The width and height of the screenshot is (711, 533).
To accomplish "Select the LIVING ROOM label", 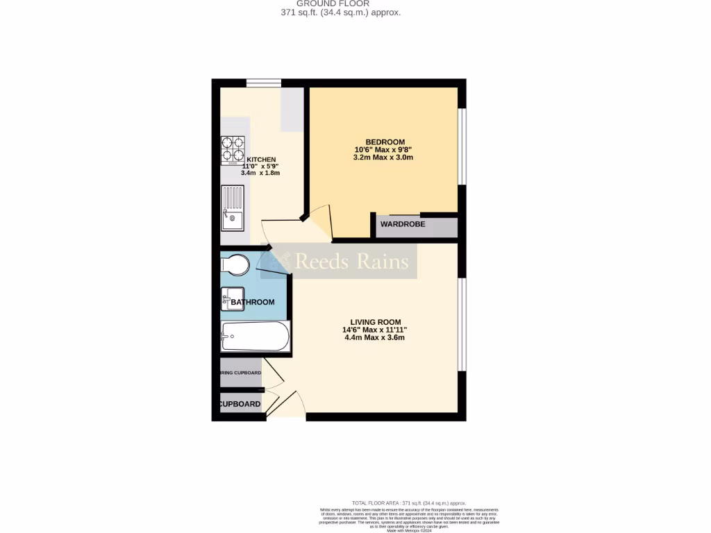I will [x=374, y=322].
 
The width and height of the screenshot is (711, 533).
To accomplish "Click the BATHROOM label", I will [x=253, y=303].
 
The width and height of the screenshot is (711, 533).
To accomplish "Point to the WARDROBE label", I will [x=403, y=224].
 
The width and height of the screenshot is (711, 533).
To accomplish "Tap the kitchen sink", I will [x=233, y=208].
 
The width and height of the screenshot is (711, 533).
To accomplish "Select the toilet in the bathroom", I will [x=235, y=264].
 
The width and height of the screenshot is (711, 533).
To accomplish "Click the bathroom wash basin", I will [x=232, y=298].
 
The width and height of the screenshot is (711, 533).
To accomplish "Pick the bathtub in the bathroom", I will [x=255, y=337].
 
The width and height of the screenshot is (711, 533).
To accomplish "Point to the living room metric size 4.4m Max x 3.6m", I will [x=374, y=338].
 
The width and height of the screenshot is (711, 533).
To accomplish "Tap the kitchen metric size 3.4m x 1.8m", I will [x=260, y=173].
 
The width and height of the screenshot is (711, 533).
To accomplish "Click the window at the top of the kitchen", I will [x=264, y=83].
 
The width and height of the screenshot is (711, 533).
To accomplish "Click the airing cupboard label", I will [x=241, y=373].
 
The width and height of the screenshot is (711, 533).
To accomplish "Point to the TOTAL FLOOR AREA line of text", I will [x=409, y=503].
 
